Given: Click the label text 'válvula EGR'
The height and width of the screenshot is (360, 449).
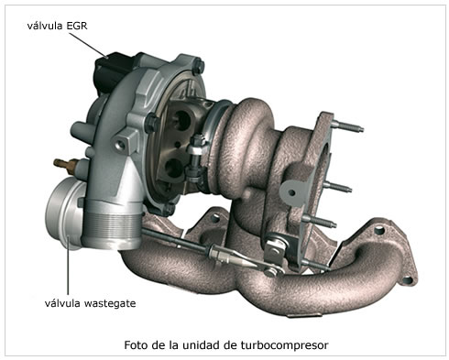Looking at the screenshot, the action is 57,26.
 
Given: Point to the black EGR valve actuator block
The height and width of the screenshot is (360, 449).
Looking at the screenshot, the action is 110,71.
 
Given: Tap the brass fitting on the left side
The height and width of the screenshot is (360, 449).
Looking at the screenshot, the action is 64,166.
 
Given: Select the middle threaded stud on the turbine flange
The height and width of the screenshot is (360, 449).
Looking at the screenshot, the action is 338,187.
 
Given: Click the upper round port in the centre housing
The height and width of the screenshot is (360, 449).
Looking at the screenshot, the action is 182,120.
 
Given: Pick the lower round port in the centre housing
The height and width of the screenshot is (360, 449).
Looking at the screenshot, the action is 174,168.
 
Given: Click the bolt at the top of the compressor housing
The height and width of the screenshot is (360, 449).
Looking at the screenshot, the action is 198,67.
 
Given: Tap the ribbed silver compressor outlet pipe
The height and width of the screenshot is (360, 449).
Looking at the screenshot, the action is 111,226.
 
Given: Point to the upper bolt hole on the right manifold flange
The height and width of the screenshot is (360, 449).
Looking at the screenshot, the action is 379,230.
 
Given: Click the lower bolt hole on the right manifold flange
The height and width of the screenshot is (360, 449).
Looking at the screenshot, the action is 407,279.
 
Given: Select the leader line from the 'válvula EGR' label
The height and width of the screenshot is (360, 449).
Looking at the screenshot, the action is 88,45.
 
